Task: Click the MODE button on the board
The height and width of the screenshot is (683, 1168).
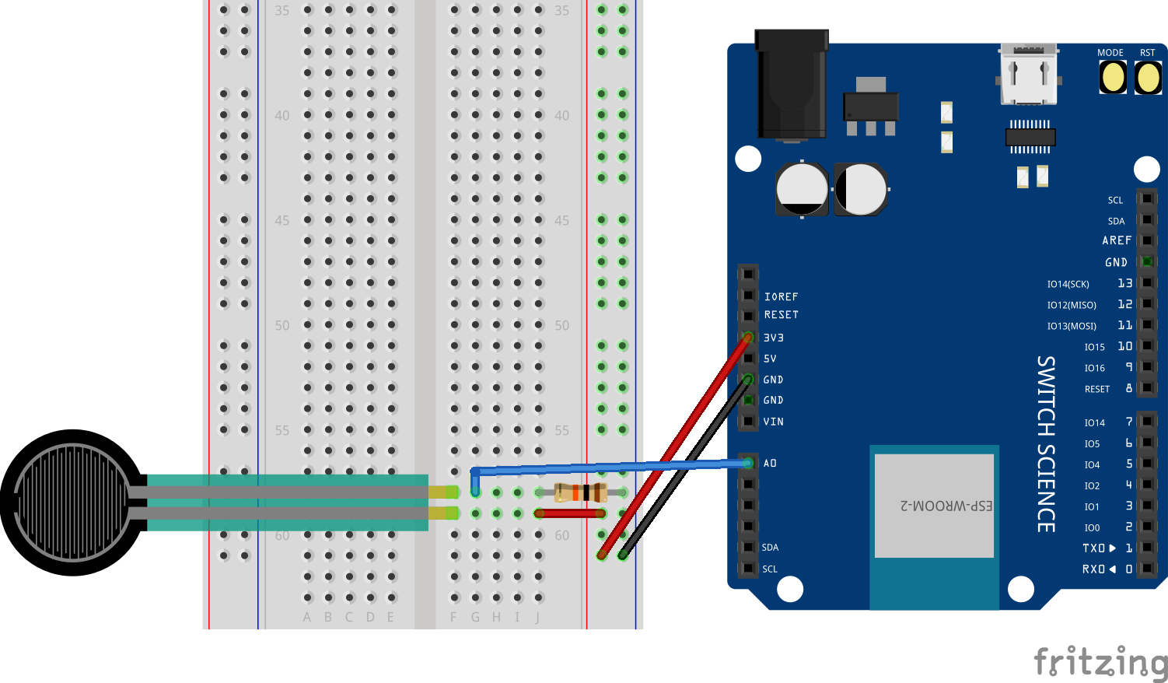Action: [1113, 78]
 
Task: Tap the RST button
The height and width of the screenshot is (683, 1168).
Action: [1148, 78]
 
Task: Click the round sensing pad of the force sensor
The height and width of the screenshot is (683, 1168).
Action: [72, 502]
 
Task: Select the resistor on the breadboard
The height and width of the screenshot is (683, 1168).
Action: [580, 492]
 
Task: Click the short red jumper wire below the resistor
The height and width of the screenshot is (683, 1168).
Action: [570, 513]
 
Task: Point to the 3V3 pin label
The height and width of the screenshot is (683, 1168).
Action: [773, 338]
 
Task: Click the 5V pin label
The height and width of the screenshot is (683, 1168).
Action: [770, 359]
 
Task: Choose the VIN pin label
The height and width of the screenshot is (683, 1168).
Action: [773, 422]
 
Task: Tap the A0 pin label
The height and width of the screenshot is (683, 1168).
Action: [770, 464]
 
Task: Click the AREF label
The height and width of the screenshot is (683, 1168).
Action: [1117, 240]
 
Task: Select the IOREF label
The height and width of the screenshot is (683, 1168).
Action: [781, 296]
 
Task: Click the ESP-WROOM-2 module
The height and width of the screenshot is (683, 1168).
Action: [934, 506]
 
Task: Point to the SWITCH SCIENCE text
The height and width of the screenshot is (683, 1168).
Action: [1047, 443]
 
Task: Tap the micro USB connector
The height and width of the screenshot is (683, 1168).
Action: [1028, 75]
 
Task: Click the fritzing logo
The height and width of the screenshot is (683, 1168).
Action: [1100, 663]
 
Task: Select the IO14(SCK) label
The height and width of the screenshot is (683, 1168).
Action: [1068, 284]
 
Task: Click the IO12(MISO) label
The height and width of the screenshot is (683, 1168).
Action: [1071, 305]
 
